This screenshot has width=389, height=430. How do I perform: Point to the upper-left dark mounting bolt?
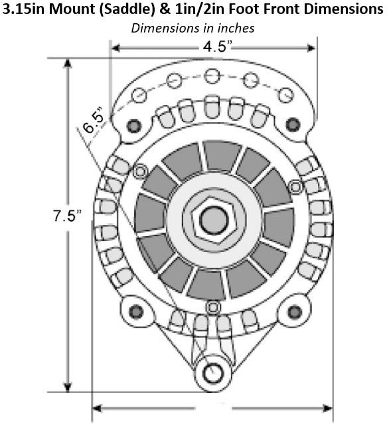pos(133,124)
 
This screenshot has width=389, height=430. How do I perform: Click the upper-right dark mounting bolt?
pos(291,123)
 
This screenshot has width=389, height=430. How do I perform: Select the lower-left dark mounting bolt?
pos(136,311)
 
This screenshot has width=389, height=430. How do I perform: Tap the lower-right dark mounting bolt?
pos(290,310)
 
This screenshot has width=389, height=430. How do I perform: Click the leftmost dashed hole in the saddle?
pos(139,95)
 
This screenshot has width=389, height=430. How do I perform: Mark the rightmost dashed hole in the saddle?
pos(285,94)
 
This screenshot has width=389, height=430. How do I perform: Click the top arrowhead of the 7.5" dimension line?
pos(67,64)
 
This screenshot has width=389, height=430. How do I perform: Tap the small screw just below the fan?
pos(212,307)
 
